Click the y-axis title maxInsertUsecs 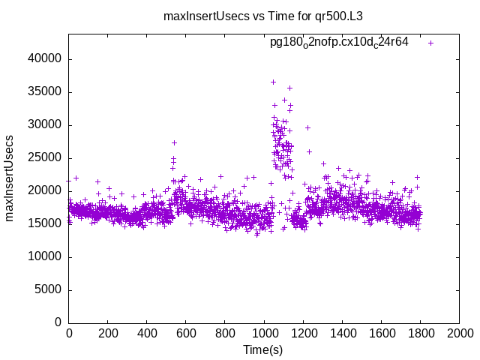pos(10,178)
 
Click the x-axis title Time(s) pos(262,349)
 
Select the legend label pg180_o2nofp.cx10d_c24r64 pos(339,42)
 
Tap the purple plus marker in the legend pos(430,43)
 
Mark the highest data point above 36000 pos(273,82)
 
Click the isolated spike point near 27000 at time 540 pos(174,142)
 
